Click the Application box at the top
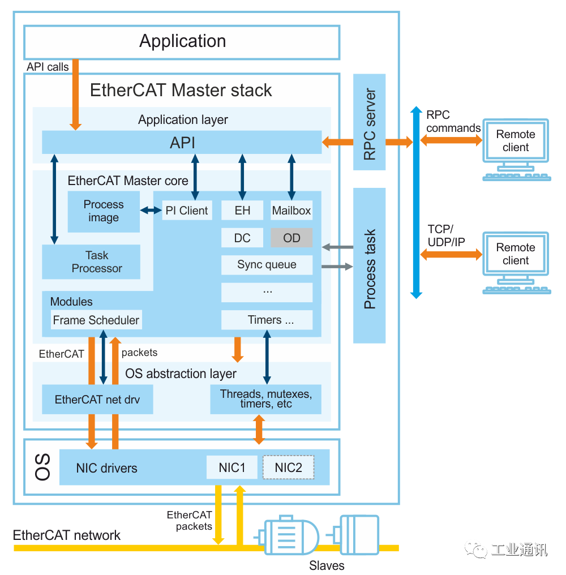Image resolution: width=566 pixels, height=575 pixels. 182,42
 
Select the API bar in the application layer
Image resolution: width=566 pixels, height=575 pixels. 182,142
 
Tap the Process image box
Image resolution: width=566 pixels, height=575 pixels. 104,211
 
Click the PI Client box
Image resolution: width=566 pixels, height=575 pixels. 186,211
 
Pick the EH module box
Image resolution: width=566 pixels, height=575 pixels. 242,211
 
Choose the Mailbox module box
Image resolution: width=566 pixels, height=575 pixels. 291,211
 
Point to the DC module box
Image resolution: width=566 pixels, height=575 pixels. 242,238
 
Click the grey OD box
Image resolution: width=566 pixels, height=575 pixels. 291,238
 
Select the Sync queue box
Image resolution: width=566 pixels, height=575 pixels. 267,265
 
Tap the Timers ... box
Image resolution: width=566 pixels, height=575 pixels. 267,320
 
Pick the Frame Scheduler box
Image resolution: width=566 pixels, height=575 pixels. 96,320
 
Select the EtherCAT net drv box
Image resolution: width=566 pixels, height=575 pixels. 97,400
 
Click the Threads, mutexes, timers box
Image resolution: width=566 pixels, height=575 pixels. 265,399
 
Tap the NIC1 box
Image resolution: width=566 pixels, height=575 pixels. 232,467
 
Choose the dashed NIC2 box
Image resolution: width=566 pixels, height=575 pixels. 288,467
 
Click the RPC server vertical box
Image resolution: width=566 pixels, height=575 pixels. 370,122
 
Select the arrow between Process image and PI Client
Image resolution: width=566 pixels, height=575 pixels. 151,211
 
